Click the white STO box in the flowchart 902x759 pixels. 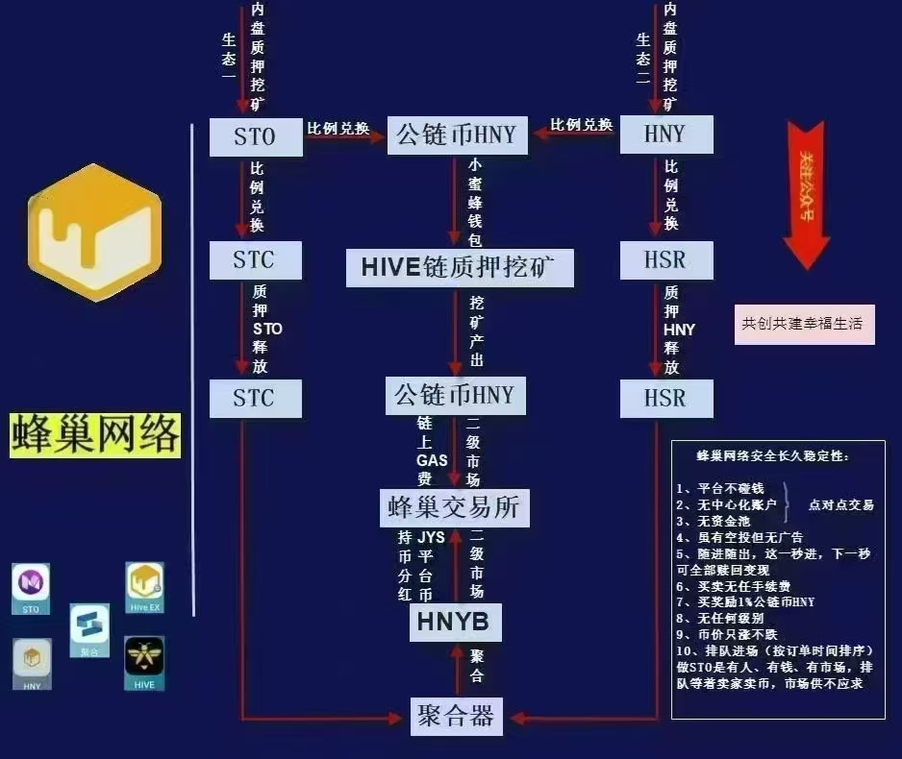point(254,136)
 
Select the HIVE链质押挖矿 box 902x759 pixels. point(460,267)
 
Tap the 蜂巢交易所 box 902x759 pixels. point(454,506)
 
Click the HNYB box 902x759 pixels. point(454,623)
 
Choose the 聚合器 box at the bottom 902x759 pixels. point(456,716)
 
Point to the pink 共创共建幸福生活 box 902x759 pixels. point(805,325)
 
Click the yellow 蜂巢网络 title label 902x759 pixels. point(96,435)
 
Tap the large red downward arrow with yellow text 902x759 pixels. point(806,192)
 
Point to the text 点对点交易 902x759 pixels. point(840,504)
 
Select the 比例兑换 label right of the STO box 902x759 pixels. point(338,128)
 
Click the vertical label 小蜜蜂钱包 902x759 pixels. point(475,201)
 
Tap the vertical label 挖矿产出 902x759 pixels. point(476,331)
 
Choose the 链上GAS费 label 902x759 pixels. point(432,451)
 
